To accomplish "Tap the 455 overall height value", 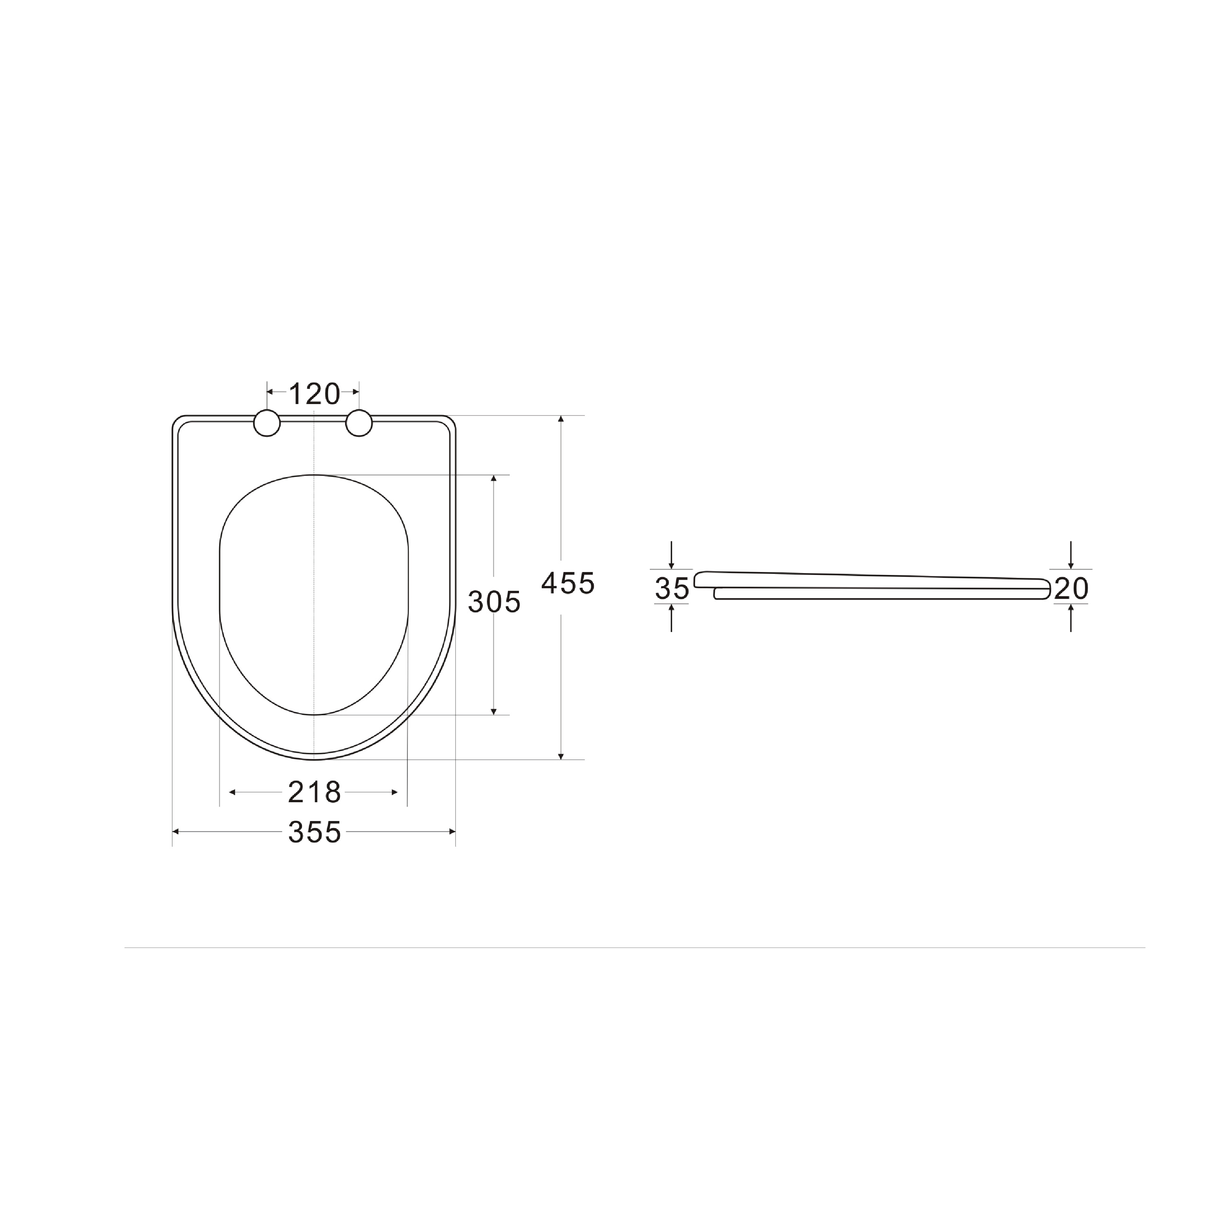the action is (568, 583).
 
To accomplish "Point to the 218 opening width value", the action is (315, 792).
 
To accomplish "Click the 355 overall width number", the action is (315, 832).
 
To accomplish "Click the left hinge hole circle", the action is (267, 423).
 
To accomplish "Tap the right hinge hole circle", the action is (359, 423).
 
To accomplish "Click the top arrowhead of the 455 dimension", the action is (561, 419).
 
